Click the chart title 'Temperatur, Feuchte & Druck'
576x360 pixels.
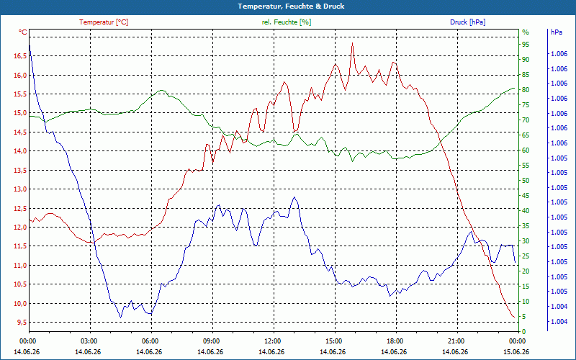(291, 6)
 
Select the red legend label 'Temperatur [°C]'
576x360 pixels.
(104, 22)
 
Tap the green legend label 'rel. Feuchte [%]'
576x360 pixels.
(286, 22)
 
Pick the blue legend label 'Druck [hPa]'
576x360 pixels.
(467, 22)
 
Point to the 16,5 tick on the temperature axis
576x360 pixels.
(20, 56)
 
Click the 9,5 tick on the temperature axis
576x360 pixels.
(22, 322)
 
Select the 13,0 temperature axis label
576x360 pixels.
(20, 189)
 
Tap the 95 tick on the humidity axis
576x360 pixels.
(526, 45)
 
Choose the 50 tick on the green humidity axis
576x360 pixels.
(526, 181)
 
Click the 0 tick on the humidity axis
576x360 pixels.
(524, 332)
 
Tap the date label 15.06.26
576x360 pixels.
(516, 352)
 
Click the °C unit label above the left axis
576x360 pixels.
(23, 32)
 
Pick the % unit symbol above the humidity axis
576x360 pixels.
(526, 32)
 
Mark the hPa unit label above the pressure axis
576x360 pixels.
(557, 32)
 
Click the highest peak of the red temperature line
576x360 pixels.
(352, 43)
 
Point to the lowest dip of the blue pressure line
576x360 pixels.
(120, 317)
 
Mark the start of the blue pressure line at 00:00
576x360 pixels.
(30, 45)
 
